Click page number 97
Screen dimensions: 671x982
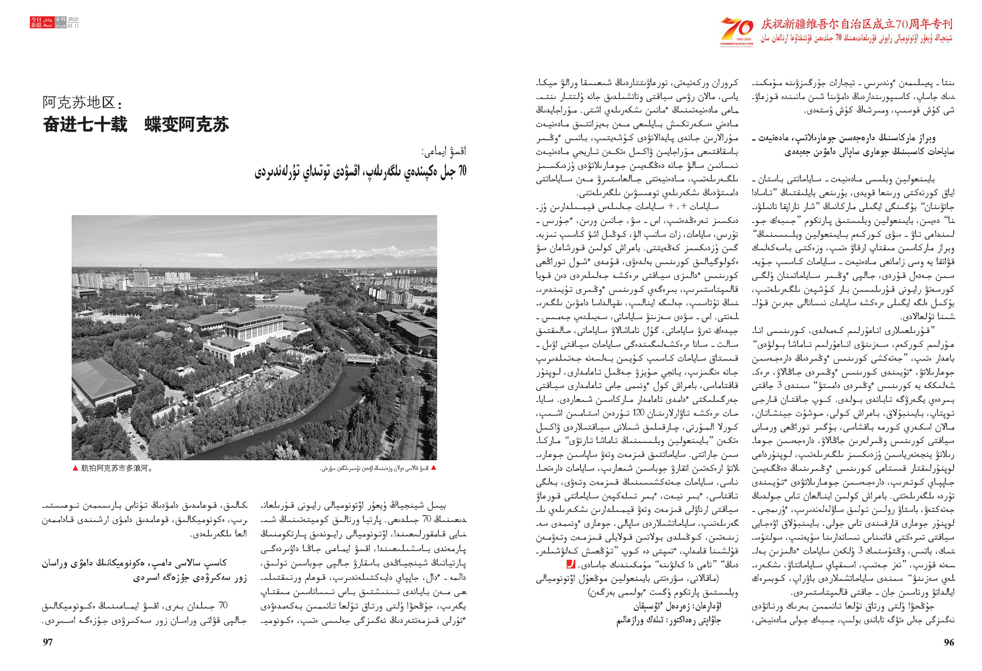pos(48,642)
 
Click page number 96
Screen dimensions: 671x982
pos(948,642)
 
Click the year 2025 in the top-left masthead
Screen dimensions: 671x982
pos(73,20)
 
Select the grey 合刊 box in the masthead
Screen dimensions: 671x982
pos(60,20)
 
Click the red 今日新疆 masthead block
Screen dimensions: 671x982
pos(36,23)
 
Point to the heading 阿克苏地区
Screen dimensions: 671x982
pos(81,103)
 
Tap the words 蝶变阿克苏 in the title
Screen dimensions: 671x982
pos(187,125)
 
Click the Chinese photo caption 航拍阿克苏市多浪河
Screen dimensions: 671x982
pos(117,468)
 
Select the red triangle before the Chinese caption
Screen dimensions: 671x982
pos(75,468)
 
